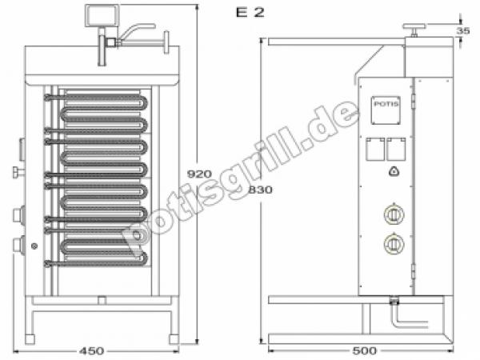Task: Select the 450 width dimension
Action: tap(92, 350)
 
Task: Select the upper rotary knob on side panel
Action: tap(393, 214)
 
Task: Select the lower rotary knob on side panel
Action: tap(393, 243)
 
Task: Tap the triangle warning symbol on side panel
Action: tap(393, 170)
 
